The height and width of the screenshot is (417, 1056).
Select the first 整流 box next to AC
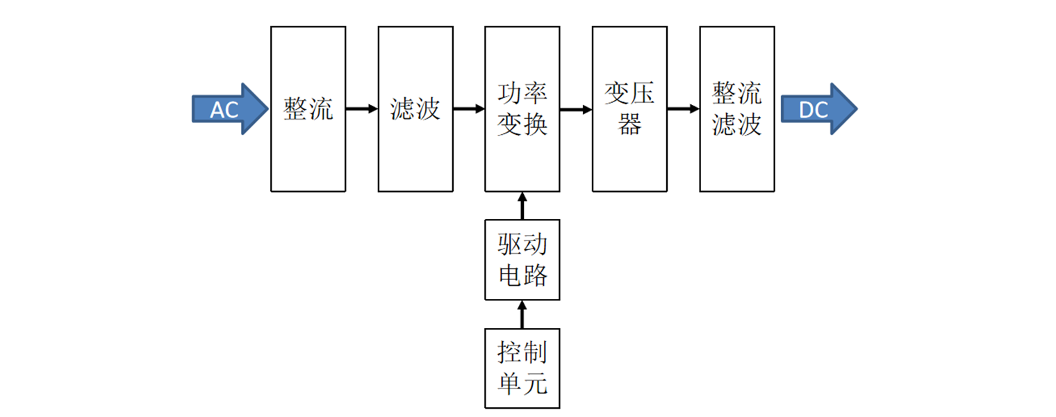(x=308, y=109)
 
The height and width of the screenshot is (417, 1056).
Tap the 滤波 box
(x=415, y=109)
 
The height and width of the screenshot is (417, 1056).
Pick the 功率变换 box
(x=522, y=109)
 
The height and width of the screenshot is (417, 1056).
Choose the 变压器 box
(x=629, y=109)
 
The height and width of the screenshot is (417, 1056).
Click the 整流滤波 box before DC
(x=736, y=109)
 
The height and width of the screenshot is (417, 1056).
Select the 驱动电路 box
(x=522, y=260)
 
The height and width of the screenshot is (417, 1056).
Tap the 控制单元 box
(x=522, y=368)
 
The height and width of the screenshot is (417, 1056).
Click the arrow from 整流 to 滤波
(x=361, y=109)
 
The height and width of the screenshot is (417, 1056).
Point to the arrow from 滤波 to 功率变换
(x=469, y=109)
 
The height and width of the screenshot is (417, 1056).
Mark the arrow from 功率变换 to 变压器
(x=576, y=109)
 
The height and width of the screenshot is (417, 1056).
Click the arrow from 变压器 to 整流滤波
(x=683, y=109)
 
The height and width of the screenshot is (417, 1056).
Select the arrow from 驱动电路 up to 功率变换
(x=522, y=206)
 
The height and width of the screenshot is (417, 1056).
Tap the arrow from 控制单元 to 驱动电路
(x=522, y=314)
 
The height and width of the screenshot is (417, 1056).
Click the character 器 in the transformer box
(x=629, y=125)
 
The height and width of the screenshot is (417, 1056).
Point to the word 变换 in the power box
(x=522, y=125)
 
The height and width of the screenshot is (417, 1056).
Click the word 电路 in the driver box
(x=522, y=276)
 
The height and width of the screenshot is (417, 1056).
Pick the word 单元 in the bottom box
(x=522, y=384)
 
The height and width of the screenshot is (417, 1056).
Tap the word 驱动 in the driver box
(x=522, y=245)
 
